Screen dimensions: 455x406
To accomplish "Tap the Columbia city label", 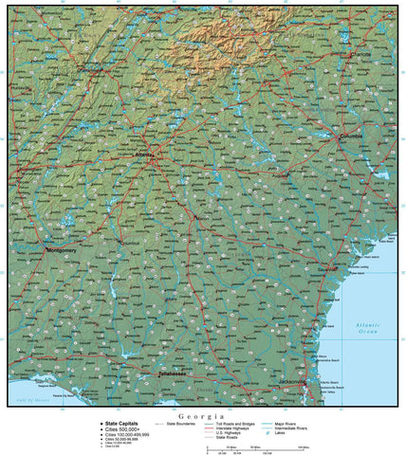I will (353, 136).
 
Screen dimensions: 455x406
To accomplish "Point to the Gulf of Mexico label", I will (33, 402).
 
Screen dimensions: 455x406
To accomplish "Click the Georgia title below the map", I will (204, 416).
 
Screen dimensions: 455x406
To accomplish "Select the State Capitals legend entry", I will (122, 424).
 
